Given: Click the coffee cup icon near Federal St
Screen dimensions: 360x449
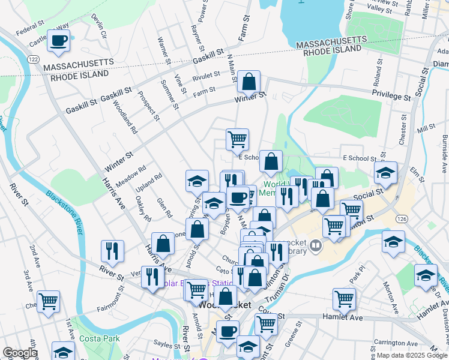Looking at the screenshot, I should [x=58, y=41].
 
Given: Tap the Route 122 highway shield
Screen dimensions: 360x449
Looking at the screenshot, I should [x=34, y=59].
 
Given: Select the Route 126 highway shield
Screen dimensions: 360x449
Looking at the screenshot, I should [x=399, y=220].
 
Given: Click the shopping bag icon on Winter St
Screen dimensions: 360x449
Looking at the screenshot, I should [x=249, y=81].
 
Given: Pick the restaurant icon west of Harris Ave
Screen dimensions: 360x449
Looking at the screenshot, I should [x=112, y=251].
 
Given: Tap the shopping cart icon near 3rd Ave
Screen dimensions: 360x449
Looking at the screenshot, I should [x=48, y=301].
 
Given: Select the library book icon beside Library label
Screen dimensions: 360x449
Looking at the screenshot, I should [x=316, y=246].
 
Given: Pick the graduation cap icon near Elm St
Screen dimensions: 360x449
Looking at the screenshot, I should [x=385, y=173].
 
